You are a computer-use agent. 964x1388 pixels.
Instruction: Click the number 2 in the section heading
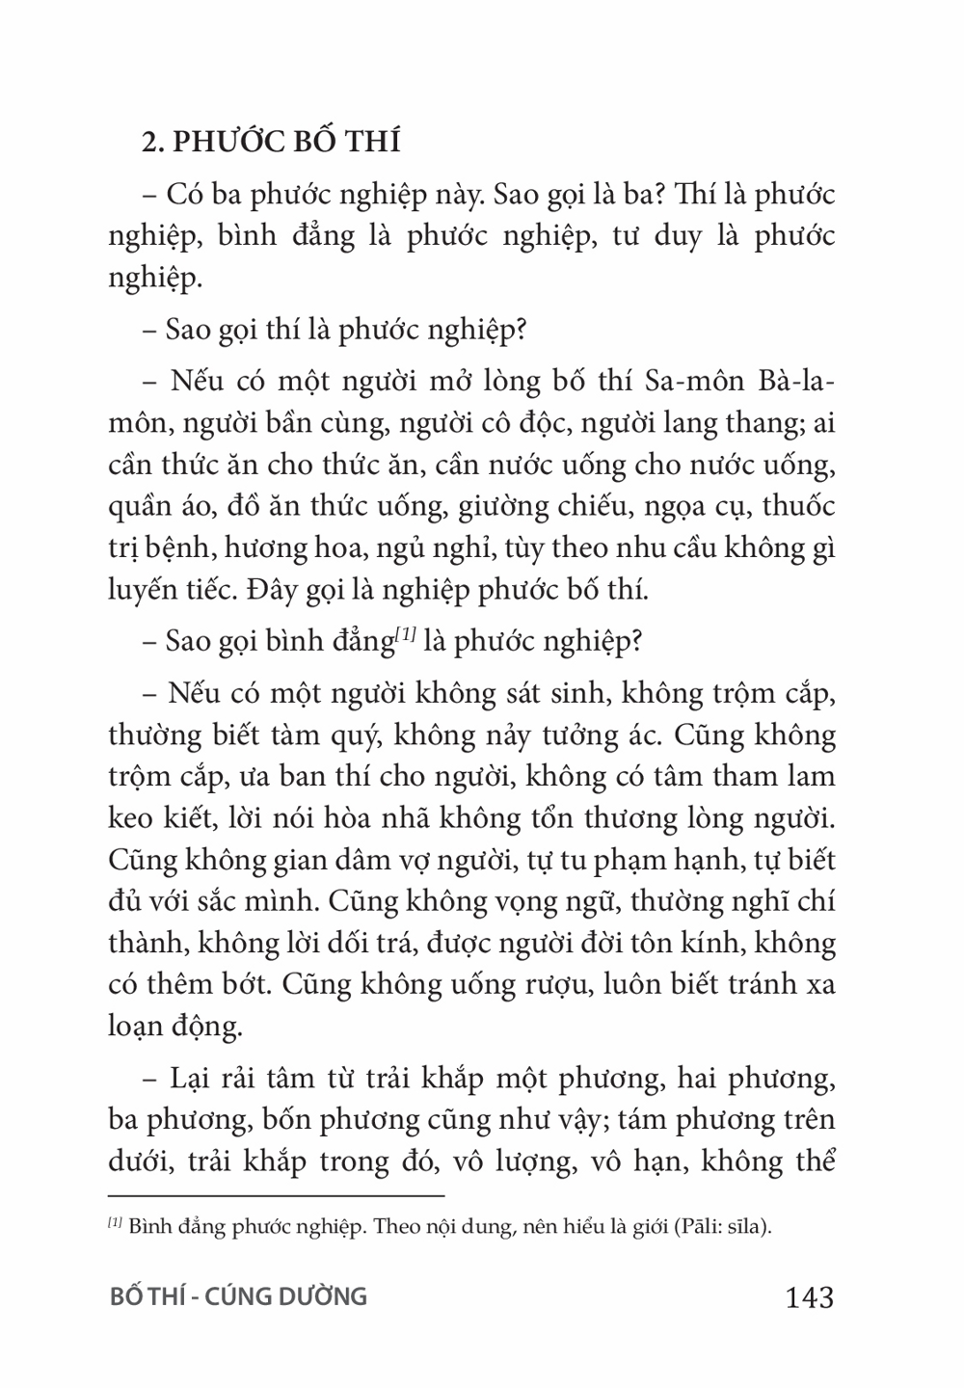pos(149,142)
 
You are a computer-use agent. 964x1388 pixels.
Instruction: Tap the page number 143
pos(810,1296)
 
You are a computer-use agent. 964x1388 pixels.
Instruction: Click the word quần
pos(137,506)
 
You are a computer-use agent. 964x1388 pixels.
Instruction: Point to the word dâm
pos(354,861)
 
